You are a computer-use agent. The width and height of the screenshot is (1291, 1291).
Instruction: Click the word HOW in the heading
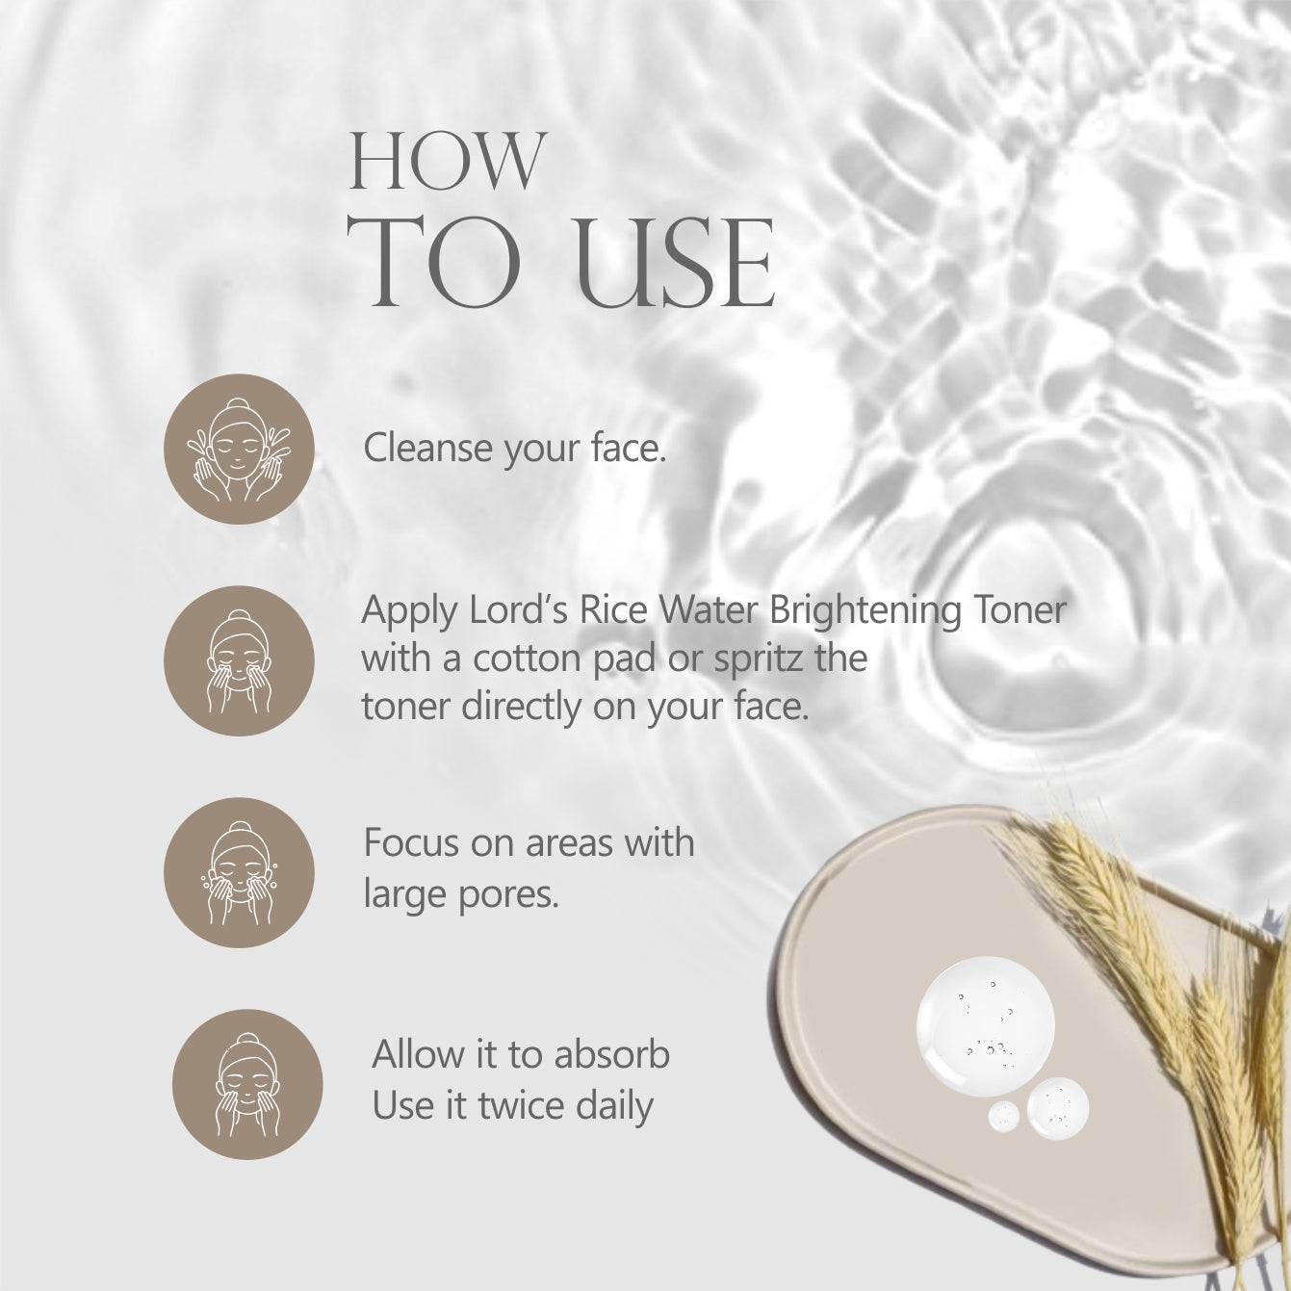tap(448, 162)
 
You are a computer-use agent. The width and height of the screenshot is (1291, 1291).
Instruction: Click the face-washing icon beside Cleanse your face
tap(239, 449)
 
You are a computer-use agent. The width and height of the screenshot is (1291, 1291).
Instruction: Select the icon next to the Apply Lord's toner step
tap(239, 660)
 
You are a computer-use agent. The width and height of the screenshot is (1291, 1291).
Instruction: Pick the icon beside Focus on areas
tap(239, 872)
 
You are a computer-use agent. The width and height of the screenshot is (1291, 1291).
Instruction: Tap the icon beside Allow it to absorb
tap(247, 1085)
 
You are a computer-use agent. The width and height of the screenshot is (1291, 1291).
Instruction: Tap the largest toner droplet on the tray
tap(985, 1027)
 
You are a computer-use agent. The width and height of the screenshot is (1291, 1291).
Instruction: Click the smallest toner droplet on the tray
tap(1003, 1117)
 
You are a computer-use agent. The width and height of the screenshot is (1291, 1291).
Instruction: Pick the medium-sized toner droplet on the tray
tap(1058, 1109)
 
